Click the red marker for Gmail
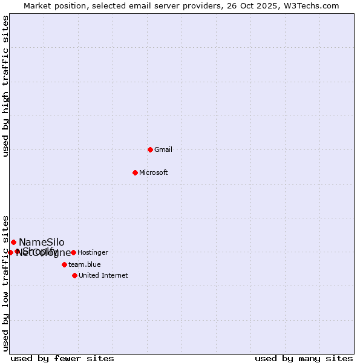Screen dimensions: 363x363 150,149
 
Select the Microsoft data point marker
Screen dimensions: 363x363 136,172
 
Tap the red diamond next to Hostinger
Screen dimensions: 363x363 73,252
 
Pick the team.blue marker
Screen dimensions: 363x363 64,264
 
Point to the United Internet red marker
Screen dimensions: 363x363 74,275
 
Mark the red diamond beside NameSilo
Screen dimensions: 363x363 13,242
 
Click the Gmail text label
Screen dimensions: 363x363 163,149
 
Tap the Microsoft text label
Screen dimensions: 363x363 154,172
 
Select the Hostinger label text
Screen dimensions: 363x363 93,252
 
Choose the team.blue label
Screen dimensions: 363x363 85,264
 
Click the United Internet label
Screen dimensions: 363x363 103,275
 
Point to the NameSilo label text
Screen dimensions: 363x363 41,242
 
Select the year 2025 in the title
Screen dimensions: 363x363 265,5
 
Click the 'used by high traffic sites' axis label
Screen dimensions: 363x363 5,87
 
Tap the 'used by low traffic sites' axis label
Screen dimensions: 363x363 5,283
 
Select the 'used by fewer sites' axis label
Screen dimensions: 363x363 62,358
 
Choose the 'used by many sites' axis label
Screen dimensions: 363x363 304,358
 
